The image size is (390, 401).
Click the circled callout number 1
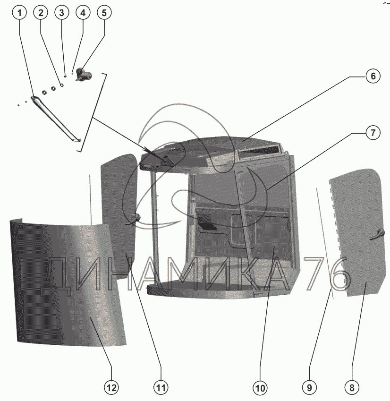19,13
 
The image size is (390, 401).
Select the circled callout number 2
41,13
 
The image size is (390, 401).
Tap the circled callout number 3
61,13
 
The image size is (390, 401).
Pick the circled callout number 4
83,13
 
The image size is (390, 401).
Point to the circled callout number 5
104,13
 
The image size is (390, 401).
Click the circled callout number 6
373,76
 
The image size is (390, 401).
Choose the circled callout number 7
373,133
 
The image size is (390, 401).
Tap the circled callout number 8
352,388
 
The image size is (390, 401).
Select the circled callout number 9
309,388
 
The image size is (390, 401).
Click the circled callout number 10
260,388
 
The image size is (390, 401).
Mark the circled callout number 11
161,388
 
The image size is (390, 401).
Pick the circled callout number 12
111,388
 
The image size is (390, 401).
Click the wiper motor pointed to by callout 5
84,75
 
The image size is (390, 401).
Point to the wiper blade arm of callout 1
56,119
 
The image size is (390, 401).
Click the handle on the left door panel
134,220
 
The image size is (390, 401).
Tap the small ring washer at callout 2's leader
61,85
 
